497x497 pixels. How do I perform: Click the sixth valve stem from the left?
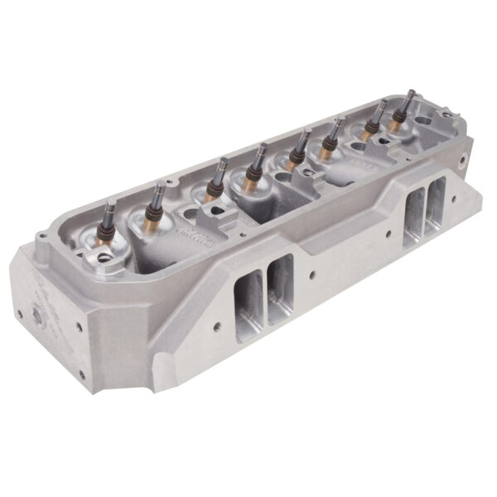[x=338, y=123]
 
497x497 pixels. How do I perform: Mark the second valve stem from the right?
[x=382, y=105]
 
